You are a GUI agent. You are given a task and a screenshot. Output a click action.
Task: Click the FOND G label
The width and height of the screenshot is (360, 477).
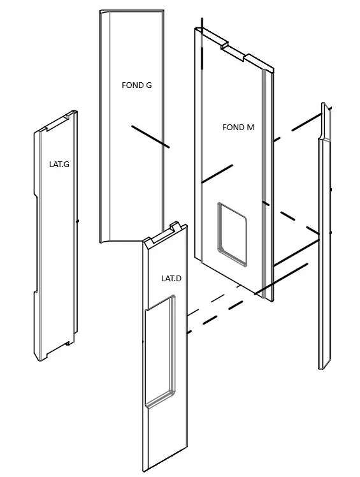click(136, 85)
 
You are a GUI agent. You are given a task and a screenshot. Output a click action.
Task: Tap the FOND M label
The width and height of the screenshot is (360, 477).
click(238, 127)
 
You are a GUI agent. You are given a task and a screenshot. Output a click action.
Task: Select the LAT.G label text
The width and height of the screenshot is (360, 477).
click(59, 165)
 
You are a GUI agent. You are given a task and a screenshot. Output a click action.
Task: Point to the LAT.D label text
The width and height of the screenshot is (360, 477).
click(171, 278)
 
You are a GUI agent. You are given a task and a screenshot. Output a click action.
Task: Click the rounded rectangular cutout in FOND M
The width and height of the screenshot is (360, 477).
click(232, 234)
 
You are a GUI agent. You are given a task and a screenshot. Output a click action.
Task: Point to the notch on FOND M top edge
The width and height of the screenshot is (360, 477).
click(233, 52)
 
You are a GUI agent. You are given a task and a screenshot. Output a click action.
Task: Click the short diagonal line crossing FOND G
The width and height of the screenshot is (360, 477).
click(150, 136)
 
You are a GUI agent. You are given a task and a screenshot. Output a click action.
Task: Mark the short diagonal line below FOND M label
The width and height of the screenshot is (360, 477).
click(217, 173)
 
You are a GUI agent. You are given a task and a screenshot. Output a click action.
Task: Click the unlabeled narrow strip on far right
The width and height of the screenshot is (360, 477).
click(325, 236)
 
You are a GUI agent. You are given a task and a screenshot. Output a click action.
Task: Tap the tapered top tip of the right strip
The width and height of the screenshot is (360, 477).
click(324, 104)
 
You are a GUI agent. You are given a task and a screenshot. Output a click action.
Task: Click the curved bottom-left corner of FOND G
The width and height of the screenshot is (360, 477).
click(104, 241)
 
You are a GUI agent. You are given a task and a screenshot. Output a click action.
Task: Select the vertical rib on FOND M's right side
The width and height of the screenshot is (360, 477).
click(264, 182)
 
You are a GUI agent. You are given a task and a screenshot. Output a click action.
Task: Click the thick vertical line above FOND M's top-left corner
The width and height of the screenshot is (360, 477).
click(202, 43)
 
